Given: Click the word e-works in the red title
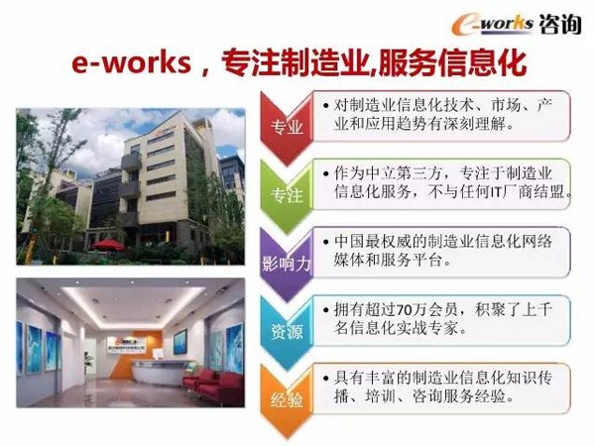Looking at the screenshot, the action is (131, 62).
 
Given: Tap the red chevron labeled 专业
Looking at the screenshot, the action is (287, 128).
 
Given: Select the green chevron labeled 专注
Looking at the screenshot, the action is (287, 196).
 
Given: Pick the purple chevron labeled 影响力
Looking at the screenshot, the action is (287, 265).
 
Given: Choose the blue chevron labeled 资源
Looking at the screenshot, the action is (287, 333).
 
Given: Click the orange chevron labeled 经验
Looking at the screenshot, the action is (287, 401).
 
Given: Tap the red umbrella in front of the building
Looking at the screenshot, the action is (108, 245).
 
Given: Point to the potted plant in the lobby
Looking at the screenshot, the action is (89, 364).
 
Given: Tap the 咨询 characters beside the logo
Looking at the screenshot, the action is (559, 24).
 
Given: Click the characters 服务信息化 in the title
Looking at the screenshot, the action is (452, 62).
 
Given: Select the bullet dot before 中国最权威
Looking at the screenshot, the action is (325, 242).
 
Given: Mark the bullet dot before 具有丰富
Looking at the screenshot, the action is (325, 379).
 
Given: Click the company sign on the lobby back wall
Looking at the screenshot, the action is (128, 346).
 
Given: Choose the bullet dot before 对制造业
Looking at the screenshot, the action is (325, 105).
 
